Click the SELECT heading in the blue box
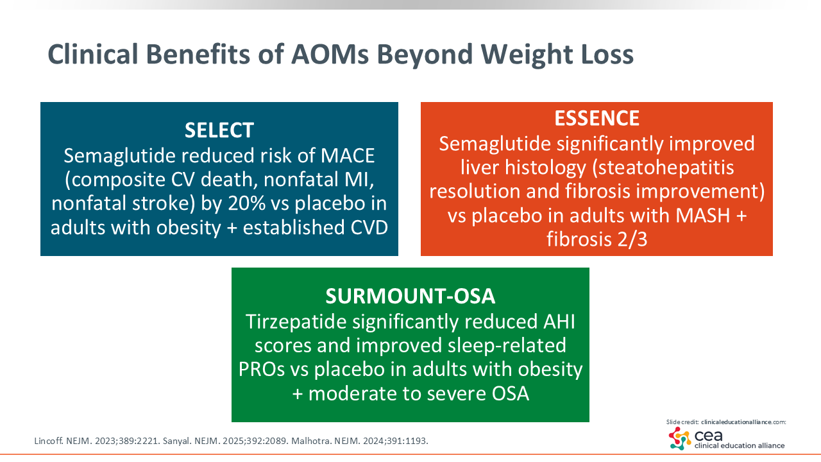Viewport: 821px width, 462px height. point(219,130)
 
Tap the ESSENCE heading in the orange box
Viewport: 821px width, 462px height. point(597,118)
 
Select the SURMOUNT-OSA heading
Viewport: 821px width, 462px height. point(410,296)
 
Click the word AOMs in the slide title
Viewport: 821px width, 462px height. point(330,55)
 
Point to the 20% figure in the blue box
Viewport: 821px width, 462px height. point(247,203)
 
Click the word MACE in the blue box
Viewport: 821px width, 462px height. point(348,156)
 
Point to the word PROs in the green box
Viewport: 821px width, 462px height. point(262,369)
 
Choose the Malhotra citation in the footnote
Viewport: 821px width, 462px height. point(360,441)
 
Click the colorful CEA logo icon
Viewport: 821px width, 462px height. point(679,438)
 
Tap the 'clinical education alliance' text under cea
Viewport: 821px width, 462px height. point(740,445)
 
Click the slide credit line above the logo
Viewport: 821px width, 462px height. point(726,422)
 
